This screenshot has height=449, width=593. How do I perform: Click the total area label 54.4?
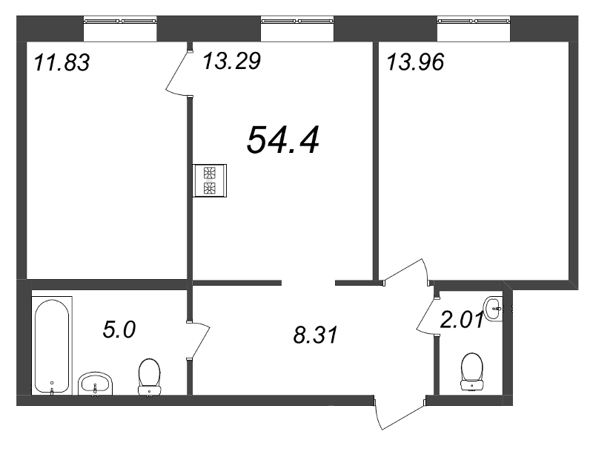[283, 140]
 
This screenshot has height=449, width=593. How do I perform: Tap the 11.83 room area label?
[62, 62]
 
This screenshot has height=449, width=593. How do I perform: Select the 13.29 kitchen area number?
[232, 61]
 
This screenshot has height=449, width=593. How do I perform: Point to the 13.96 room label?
[415, 62]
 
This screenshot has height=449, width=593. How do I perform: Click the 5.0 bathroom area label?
[119, 330]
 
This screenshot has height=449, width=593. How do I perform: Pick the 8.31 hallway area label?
[315, 335]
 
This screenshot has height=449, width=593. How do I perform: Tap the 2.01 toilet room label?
[462, 320]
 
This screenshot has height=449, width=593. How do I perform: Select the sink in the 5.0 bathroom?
[96, 384]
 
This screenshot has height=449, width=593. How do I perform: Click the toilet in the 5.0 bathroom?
[150, 378]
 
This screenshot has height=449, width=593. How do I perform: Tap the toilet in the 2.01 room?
[472, 372]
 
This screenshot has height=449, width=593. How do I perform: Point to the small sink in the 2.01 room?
[493, 309]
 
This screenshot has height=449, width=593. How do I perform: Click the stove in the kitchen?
[210, 180]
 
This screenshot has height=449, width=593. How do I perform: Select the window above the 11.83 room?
[120, 29]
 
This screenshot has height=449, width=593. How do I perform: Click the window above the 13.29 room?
[297, 29]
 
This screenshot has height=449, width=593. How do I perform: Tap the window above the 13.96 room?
[474, 29]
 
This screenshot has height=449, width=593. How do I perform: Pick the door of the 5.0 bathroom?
[199, 340]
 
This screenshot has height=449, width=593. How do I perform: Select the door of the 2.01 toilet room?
[428, 316]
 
